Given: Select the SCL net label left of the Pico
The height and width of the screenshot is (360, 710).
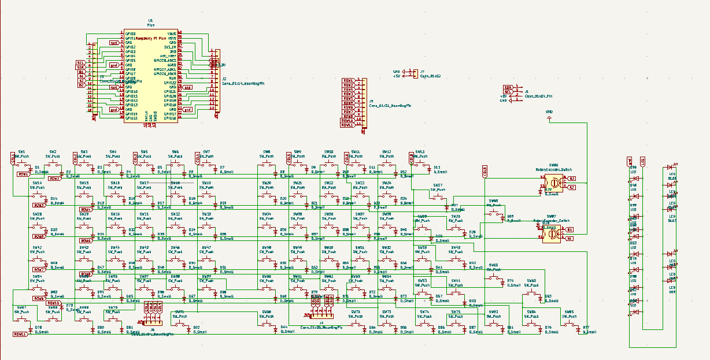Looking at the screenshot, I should coord(81,62).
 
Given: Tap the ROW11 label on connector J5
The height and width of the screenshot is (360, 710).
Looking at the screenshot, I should coord(347,125).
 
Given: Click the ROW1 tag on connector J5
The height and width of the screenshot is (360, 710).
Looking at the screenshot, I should coord(348,80).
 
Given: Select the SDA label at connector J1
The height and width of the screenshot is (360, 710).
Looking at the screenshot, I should coord(508,87).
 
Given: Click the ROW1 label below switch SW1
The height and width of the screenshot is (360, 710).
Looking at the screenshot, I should coord(24,174).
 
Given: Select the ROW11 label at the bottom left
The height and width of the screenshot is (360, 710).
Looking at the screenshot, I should coord(20,334).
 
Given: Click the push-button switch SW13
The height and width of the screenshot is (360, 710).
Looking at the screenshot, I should coord(420,165).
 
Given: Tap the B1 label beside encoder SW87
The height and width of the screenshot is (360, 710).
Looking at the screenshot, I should coord(570,230).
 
